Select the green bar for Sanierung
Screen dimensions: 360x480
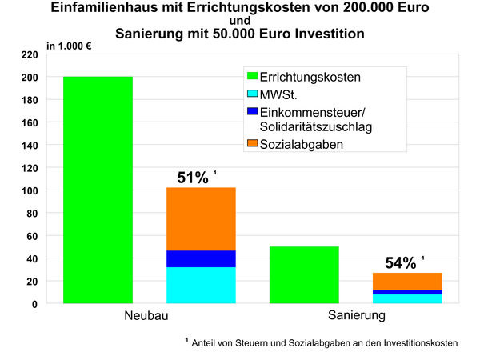tap(304, 275)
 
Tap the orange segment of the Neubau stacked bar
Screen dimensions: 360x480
tap(201, 219)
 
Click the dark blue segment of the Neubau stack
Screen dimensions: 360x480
tap(201, 258)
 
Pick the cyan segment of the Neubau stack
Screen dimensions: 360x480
tap(201, 285)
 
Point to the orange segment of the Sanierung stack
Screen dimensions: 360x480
tap(407, 281)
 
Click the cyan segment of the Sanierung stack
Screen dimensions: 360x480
tap(407, 298)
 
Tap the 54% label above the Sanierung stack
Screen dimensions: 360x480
tap(400, 262)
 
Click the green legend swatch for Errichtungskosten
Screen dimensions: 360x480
tap(252, 78)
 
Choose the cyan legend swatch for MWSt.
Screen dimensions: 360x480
tap(252, 95)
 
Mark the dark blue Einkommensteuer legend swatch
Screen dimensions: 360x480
tap(252, 112)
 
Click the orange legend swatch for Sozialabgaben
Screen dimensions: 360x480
tap(252, 144)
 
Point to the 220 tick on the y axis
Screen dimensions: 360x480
tap(30, 55)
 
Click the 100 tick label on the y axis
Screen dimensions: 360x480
tap(30, 191)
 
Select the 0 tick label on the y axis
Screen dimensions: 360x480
tap(35, 304)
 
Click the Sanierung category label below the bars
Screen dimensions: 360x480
tap(357, 317)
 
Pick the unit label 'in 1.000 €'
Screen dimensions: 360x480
tap(70, 45)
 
